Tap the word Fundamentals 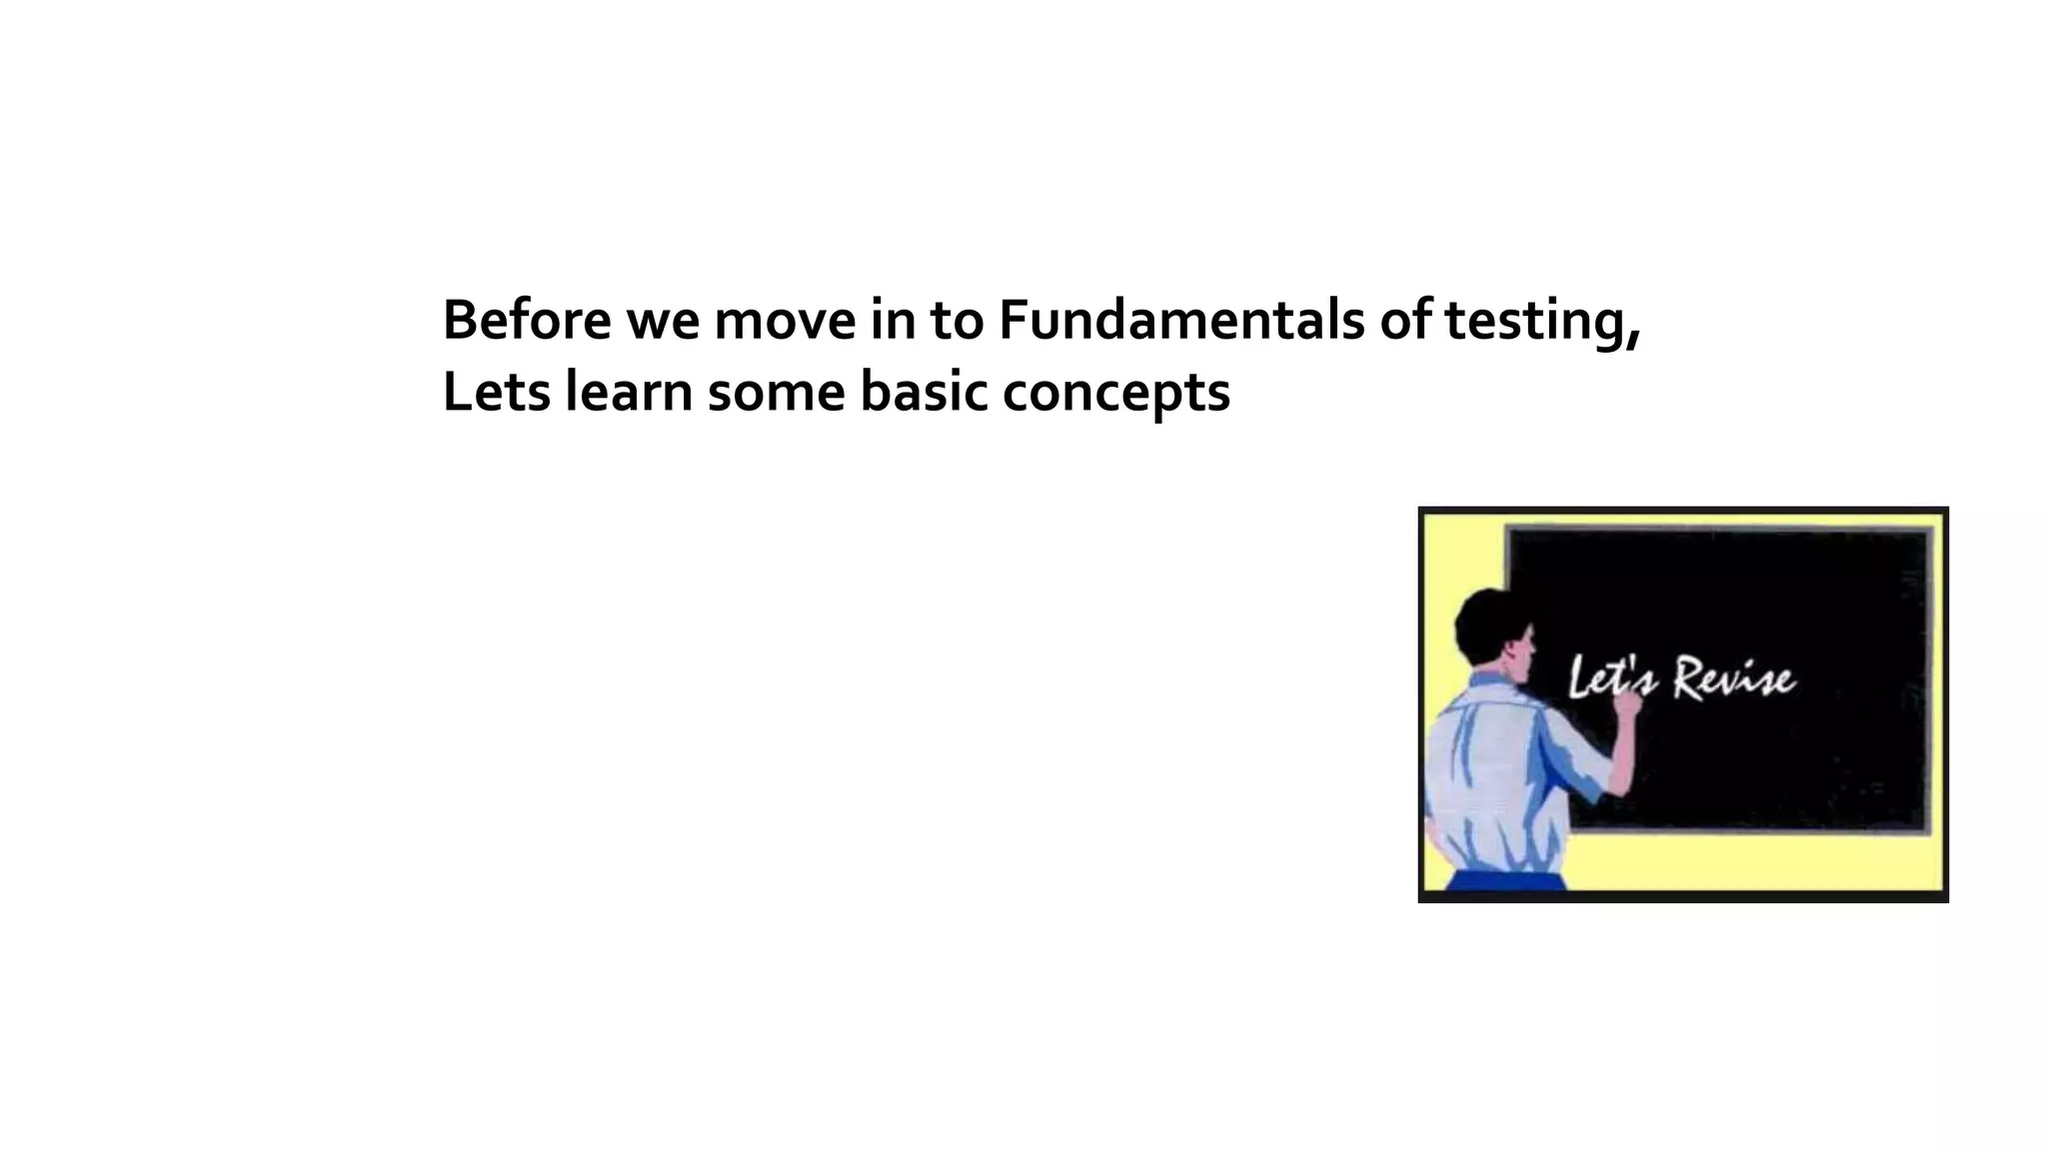(1180, 321)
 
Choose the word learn (629, 391)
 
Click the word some (776, 391)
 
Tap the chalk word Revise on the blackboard (1734, 679)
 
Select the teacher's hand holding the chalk (1627, 705)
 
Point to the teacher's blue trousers (1505, 880)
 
